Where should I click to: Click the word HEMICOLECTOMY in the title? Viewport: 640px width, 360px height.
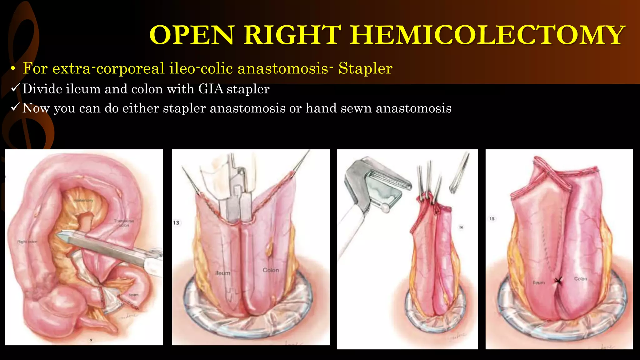click(487, 35)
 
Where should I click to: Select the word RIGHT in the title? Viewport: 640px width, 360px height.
click(292, 35)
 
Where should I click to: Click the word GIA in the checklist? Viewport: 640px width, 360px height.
click(211, 89)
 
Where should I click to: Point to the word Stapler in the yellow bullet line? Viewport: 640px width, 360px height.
click(365, 68)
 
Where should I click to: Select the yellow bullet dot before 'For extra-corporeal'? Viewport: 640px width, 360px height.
click(12, 69)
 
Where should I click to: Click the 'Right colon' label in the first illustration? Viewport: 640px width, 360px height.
click(27, 242)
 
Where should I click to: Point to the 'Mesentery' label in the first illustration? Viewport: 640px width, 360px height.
click(83, 200)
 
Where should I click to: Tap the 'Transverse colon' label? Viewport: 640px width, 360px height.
click(124, 223)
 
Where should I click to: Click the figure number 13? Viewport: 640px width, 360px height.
click(176, 222)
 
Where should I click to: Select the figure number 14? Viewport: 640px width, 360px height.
click(461, 227)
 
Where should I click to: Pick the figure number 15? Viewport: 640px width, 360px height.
click(492, 219)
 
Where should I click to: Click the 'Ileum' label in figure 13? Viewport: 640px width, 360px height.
click(222, 273)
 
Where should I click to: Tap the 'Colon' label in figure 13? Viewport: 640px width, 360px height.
click(271, 270)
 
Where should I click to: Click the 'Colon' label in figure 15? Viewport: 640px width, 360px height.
click(581, 278)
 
